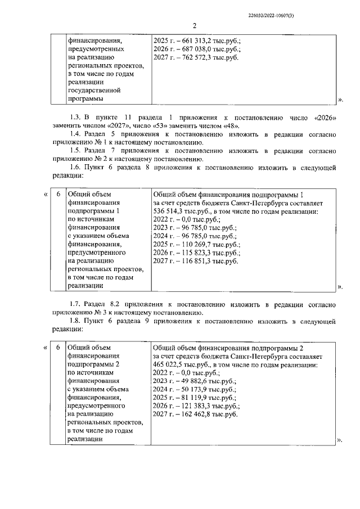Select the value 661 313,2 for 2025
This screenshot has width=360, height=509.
[x=194, y=41]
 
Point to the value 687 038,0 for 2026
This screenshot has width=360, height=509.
[x=194, y=49]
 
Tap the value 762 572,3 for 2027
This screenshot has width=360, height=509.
[x=194, y=58]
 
